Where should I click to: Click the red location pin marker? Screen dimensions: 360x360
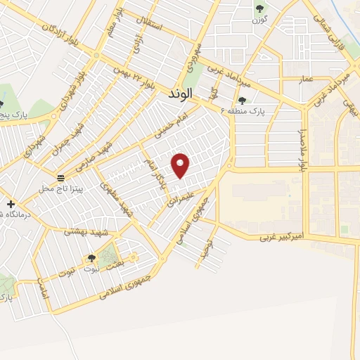click(181, 166)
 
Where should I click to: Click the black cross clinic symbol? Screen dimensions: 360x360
click(11, 204)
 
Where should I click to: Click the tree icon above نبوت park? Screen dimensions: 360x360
click(91, 259)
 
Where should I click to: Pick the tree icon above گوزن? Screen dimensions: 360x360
click(260, 8)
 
